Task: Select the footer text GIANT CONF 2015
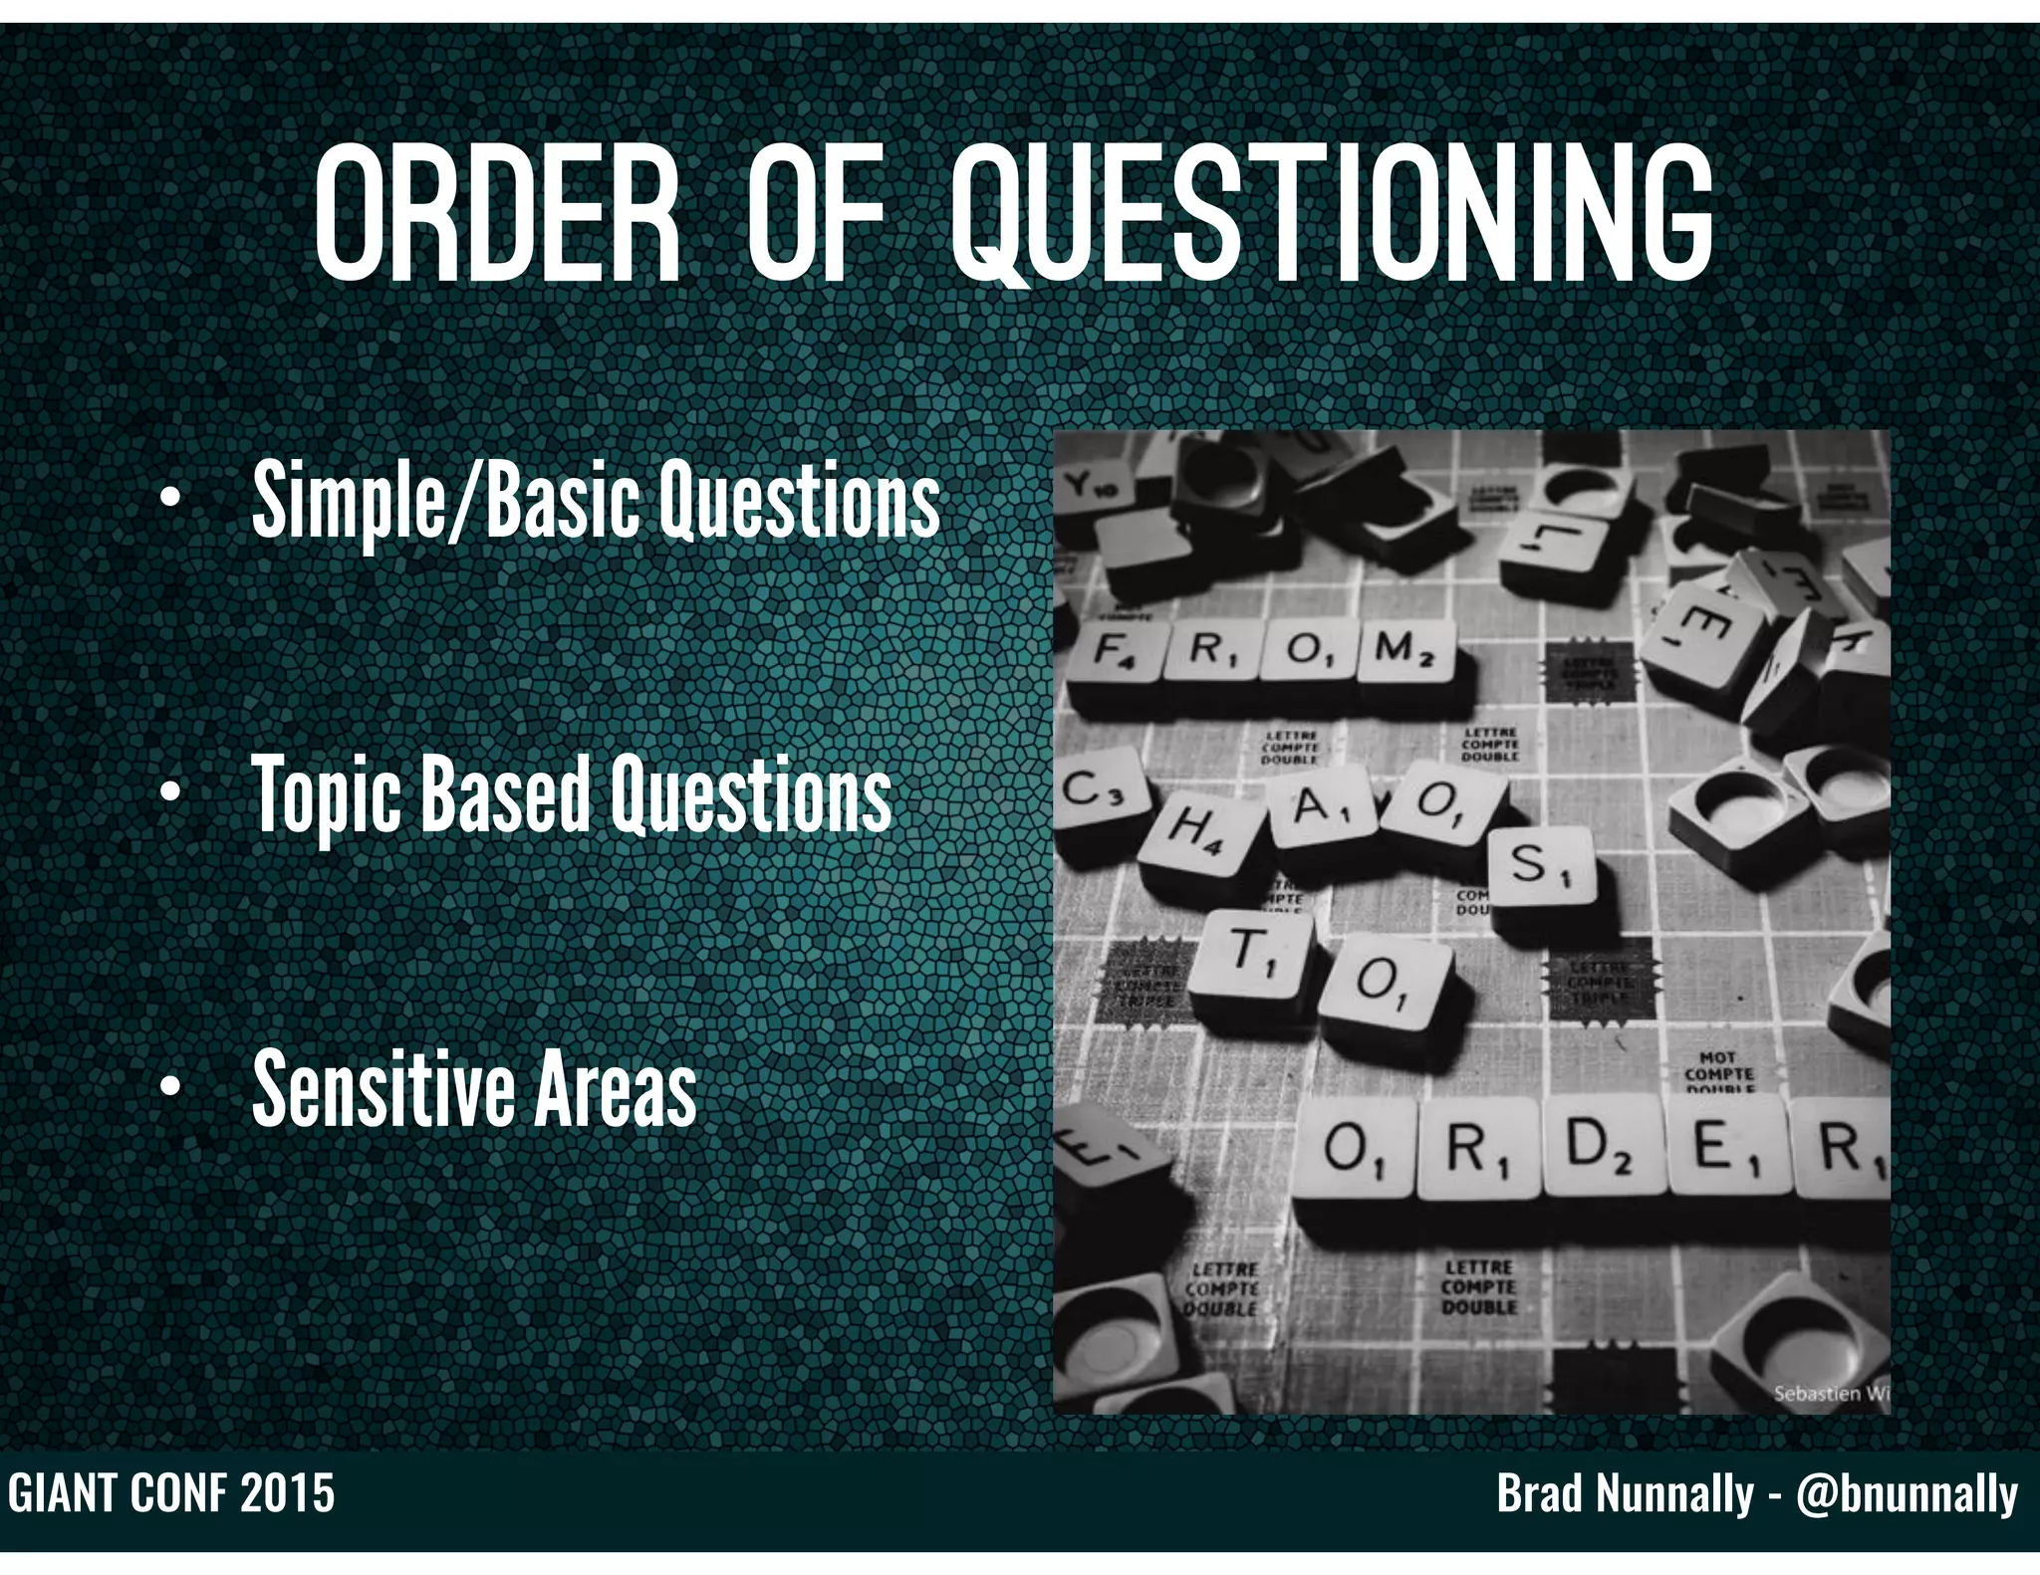pyautogui.click(x=171, y=1494)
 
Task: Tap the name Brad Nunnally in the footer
pyautogui.click(x=1625, y=1494)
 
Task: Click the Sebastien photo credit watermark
pyautogui.click(x=1830, y=1393)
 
